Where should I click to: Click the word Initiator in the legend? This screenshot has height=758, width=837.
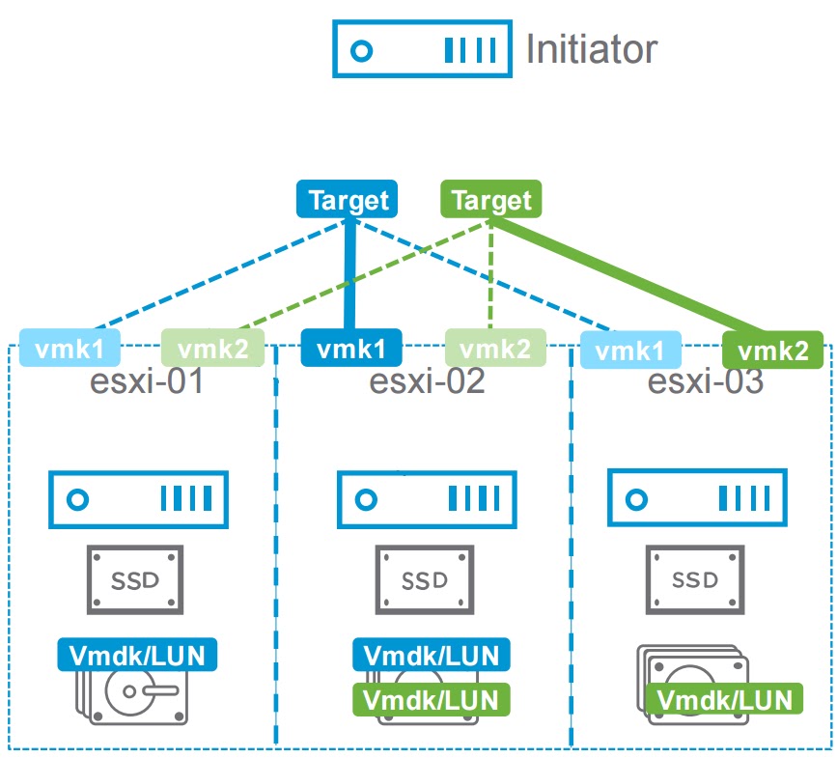coord(591,48)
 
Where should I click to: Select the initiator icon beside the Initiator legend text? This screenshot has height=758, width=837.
coord(421,49)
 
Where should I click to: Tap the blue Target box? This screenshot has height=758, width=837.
coord(348,200)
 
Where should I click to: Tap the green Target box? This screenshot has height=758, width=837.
coord(490,200)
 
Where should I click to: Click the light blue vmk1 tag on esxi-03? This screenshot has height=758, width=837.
coord(631,349)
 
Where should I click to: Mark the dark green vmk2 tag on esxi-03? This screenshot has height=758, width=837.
coord(773,350)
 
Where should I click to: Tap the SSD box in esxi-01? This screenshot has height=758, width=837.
coord(135,579)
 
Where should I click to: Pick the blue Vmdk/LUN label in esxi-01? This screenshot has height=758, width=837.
coord(137,655)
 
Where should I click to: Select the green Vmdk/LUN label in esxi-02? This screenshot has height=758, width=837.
coord(431,697)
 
